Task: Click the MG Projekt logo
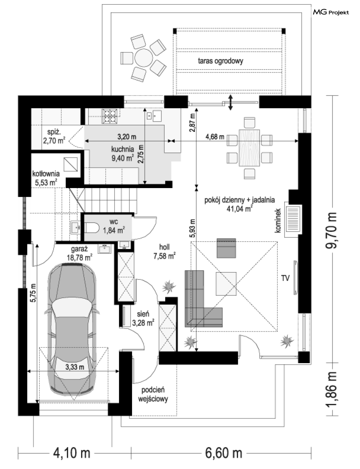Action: [331, 12]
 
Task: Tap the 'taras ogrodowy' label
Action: [220, 61]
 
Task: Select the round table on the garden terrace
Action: [144, 58]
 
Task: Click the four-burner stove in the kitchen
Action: [110, 116]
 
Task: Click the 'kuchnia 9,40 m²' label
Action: [123, 154]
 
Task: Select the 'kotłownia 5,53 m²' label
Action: [46, 178]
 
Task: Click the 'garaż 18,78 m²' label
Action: [80, 254]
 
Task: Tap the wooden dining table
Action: [249, 148]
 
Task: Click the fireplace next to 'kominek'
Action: [293, 220]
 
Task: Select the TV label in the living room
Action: [285, 279]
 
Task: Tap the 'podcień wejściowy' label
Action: [153, 395]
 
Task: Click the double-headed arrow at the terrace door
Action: [231, 102]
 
